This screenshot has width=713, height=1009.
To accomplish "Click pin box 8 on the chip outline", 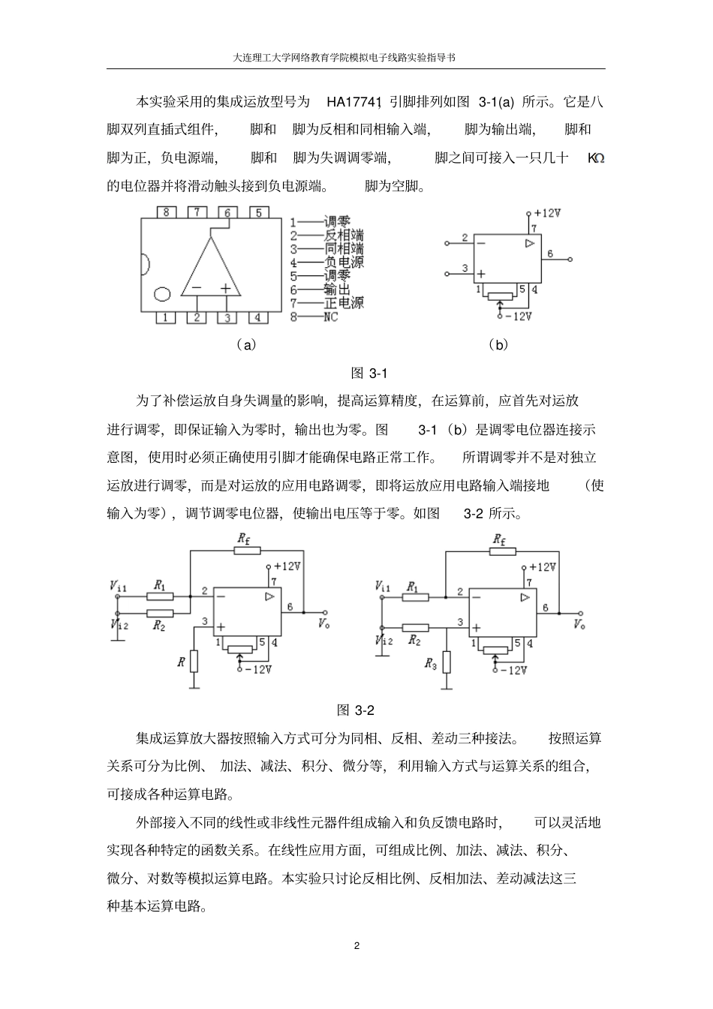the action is [166, 212].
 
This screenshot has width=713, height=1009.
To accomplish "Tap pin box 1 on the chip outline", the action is [166, 317].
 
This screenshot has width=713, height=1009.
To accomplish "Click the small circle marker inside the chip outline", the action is [162, 294].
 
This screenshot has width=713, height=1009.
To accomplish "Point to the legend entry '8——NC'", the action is [314, 317].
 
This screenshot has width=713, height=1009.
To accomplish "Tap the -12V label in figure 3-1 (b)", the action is [519, 316].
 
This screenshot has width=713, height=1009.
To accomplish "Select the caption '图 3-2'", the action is [356, 710].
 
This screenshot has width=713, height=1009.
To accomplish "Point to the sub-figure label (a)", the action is [245, 344].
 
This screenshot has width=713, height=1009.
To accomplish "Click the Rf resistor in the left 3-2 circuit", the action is [247, 550].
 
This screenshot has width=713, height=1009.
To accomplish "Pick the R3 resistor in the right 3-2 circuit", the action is [447, 662].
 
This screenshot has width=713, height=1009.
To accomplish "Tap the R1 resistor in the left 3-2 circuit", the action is [159, 596].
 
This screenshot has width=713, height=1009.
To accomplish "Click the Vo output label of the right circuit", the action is [579, 624].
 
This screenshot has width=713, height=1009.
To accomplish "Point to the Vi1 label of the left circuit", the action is [118, 585].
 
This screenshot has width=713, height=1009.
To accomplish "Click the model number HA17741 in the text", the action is [355, 101].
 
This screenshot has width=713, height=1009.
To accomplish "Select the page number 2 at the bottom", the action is [356, 944].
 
